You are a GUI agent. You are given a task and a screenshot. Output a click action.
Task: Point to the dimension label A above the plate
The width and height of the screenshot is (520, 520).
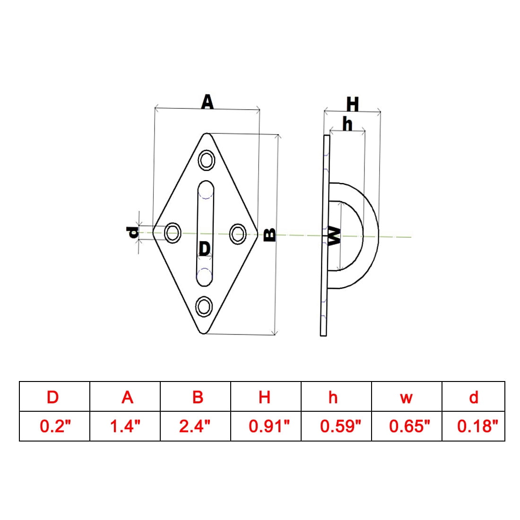(x=208, y=102)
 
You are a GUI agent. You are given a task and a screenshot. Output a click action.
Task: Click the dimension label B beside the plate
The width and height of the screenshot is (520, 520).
(x=269, y=235)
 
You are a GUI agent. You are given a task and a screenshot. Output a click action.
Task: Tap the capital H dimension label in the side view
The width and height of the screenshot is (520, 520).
(x=353, y=104)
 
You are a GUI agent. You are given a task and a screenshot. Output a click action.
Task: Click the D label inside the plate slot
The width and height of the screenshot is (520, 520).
(x=205, y=248)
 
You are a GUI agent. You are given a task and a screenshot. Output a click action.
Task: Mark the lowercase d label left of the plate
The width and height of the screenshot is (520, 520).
(x=133, y=233)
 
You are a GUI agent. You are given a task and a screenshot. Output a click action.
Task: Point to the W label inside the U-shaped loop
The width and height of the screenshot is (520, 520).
(x=334, y=236)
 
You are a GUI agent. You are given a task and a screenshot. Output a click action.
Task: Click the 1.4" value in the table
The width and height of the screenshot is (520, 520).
(x=125, y=426)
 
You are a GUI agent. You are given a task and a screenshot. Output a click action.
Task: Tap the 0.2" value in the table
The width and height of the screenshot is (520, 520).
(x=55, y=426)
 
